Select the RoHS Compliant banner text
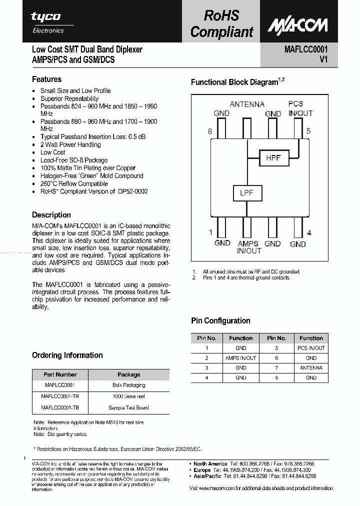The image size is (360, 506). [221, 24]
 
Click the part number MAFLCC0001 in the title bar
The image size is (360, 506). [305, 49]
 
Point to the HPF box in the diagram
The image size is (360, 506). [273, 158]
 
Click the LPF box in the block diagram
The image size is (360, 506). [246, 193]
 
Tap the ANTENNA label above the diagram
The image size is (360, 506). [247, 104]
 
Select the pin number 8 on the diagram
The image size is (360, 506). [210, 131]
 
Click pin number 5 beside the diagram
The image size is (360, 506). [309, 131]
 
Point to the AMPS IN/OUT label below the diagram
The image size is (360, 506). [248, 247]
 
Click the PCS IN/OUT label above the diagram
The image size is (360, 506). [300, 108]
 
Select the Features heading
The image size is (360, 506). [46, 79]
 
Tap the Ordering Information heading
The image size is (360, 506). [67, 355]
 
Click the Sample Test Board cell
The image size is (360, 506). [128, 407]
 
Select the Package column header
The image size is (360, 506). [128, 374]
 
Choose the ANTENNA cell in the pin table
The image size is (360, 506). [311, 368]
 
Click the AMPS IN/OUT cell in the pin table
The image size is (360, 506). [240, 358]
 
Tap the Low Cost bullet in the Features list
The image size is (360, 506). [52, 152]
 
